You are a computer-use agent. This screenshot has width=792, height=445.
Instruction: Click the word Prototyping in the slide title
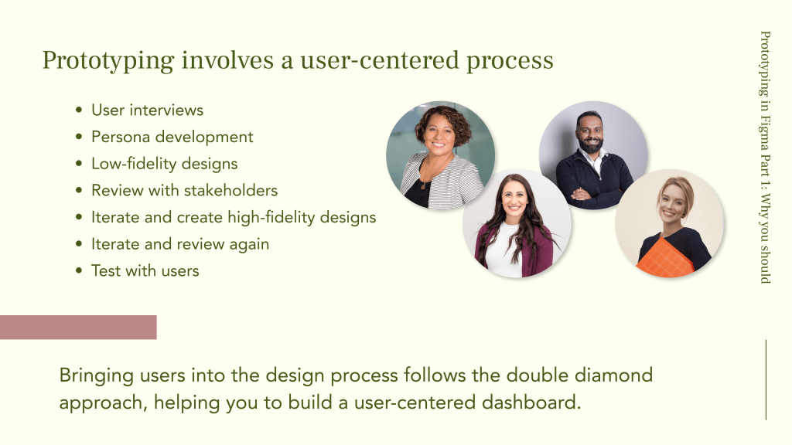[108, 61]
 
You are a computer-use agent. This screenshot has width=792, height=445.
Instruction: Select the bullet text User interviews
[148, 110]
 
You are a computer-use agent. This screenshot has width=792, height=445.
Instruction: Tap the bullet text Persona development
[172, 138]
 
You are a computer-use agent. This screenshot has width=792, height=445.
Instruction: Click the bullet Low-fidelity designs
[164, 164]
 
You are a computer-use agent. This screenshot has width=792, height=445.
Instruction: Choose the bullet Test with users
[145, 270]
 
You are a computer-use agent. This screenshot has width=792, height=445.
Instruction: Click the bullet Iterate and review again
[180, 244]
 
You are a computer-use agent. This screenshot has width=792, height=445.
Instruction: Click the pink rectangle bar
[78, 328]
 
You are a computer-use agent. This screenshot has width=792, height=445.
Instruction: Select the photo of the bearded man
[593, 155]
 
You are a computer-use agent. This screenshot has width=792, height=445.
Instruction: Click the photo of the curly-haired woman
[440, 155]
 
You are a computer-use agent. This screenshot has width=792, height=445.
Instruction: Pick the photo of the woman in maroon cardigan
[517, 223]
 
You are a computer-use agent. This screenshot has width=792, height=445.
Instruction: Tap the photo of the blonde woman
[670, 223]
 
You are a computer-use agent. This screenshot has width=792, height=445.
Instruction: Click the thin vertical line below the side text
[766, 379]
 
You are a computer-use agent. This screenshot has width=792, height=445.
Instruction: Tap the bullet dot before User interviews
[79, 110]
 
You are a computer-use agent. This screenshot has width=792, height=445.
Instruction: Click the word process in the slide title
[510, 61]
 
